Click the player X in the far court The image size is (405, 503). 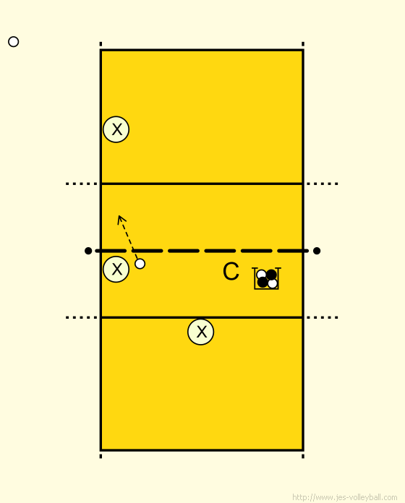click(x=116, y=129)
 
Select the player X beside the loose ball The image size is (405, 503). click(x=116, y=269)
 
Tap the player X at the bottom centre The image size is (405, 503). click(x=200, y=332)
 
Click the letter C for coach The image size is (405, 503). click(x=231, y=272)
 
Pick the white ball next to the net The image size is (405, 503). click(x=140, y=264)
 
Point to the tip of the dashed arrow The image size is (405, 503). click(x=119, y=215)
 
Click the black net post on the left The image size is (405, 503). click(x=88, y=251)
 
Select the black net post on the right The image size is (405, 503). click(x=317, y=251)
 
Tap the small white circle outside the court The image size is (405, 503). click(x=14, y=42)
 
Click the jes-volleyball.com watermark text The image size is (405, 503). click(x=345, y=497)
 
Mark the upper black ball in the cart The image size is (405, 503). click(x=271, y=275)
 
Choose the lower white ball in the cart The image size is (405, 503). click(x=273, y=283)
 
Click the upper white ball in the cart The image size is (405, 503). click(x=261, y=275)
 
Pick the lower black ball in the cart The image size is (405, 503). click(x=263, y=283)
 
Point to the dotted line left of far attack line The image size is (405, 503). click(x=82, y=184)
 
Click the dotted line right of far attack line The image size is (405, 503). click(x=323, y=184)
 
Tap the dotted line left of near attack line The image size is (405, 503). click(x=82, y=317)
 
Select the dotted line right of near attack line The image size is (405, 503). click(x=323, y=317)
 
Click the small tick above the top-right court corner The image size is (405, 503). click(x=303, y=44)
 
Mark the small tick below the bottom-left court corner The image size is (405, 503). click(x=101, y=456)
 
